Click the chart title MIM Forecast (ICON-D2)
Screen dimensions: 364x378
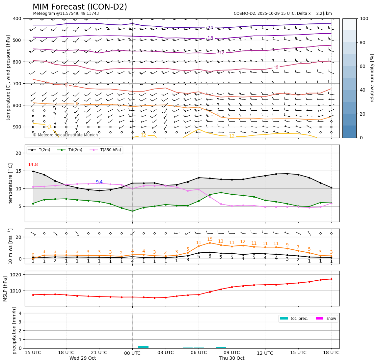tap(80, 7)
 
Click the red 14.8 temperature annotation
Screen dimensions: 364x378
tap(33, 165)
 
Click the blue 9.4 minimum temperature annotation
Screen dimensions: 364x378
tap(99, 182)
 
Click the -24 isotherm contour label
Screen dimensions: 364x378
tap(210, 28)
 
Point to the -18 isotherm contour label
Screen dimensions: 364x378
tap(210, 38)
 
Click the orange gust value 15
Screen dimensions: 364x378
tap(210, 239)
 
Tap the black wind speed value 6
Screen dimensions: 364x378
tap(210, 256)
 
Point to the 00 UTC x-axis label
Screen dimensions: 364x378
tap(132, 353)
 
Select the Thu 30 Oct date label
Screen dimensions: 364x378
tap(232, 358)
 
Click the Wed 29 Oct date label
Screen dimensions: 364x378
tap(83, 358)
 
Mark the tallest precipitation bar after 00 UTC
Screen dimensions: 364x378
tap(144, 347)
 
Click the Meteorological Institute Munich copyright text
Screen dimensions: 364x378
tap(66, 135)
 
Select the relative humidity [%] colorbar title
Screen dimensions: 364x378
tap(372, 78)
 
